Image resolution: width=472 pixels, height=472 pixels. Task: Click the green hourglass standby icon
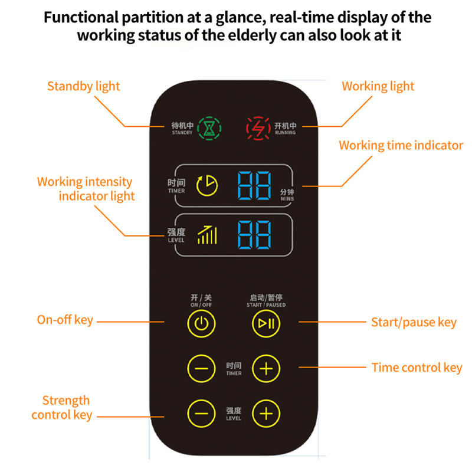(x=209, y=127)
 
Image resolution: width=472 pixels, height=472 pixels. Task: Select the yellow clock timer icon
(x=207, y=185)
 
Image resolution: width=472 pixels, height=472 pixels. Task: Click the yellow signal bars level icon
(x=207, y=235)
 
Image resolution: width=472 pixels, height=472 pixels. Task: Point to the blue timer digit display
(x=254, y=185)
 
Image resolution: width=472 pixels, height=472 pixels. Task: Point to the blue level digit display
(x=254, y=235)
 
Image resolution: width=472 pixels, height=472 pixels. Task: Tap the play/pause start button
(x=266, y=322)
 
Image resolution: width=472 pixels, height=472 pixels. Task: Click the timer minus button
(x=201, y=368)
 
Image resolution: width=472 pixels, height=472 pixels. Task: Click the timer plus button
(x=266, y=368)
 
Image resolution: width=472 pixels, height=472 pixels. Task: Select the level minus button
(x=201, y=413)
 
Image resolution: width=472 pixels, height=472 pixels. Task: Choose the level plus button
(x=266, y=413)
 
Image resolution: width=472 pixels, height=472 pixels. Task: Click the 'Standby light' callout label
(x=83, y=86)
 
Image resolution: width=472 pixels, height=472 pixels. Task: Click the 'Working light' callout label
(x=378, y=86)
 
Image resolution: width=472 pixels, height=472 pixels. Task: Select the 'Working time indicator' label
(x=401, y=145)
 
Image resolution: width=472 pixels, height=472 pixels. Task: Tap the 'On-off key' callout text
(x=65, y=320)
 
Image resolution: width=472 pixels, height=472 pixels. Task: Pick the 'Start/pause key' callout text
(x=414, y=322)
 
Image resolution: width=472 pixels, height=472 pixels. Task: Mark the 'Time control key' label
(x=417, y=368)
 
